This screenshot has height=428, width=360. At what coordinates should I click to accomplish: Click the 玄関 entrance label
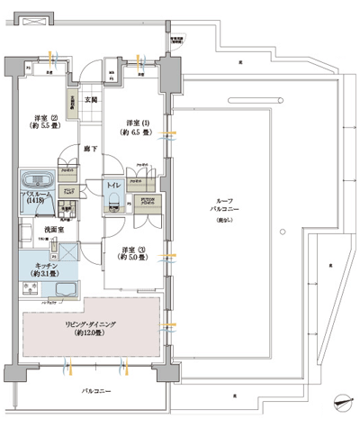pyautogui.click(x=90, y=99)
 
